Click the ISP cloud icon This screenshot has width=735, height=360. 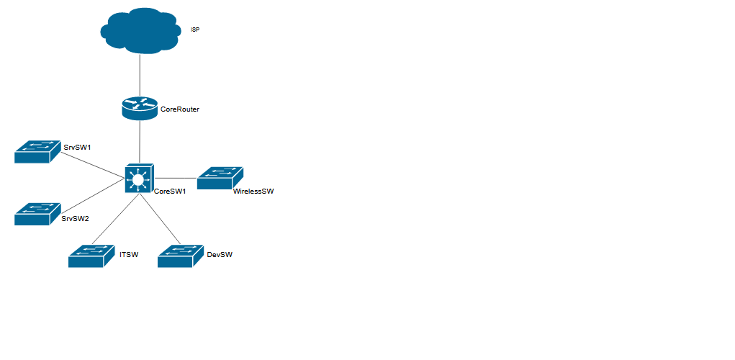pos(140,30)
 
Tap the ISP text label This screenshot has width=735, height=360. pos(195,30)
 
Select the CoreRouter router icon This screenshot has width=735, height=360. pos(140,108)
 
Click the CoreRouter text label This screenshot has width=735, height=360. pos(179,109)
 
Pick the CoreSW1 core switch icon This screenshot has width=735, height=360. pos(138,177)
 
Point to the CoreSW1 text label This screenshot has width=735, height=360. pos(170,192)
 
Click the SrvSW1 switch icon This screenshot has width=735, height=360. pos(36,152)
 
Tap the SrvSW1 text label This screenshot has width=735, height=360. pos(77,147)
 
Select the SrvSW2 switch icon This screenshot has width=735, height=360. pos(36,214)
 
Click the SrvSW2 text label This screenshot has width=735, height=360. pos(75,219)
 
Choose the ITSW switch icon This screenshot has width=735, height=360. pos(91,256)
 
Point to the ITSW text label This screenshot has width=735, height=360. pos(129,255)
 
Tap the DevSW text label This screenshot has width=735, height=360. pos(219,255)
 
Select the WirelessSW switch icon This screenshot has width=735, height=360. pos(220,179)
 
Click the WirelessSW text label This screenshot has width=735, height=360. pos(253,192)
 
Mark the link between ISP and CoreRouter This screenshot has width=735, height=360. pos(140,75)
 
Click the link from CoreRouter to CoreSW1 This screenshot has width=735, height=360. pos(140,142)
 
